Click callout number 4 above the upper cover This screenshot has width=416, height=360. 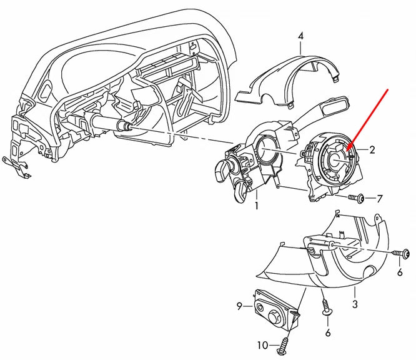point(300,36)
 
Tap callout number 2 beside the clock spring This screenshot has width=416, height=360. point(372,150)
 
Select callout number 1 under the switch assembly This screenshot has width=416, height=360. point(256,205)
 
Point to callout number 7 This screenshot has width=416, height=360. point(379,199)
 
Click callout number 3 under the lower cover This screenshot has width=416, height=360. point(355,304)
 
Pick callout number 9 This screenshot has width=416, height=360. point(239,306)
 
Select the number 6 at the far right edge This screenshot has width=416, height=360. point(400,273)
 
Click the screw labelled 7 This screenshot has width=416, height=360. point(359,199)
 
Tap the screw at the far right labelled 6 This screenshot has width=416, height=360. point(403,253)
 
